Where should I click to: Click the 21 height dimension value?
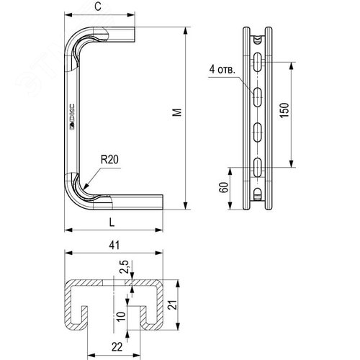pyautogui.click(x=171, y=305)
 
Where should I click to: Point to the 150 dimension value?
pyautogui.click(x=285, y=112)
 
